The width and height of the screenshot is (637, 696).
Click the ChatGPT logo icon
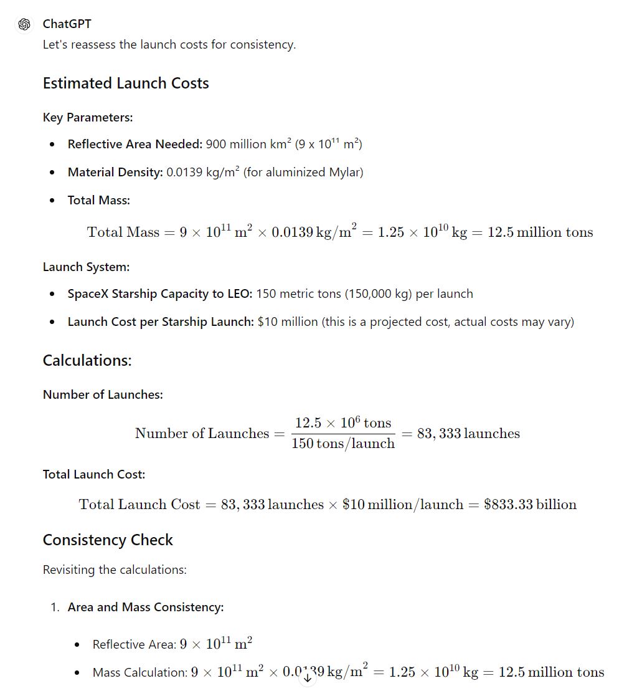pos(25,24)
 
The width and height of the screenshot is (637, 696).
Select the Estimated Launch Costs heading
pos(126,83)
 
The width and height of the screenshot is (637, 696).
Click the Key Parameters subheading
pos(88,117)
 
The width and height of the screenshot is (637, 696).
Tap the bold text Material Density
pos(115,172)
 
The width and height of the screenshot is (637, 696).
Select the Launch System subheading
pos(86,267)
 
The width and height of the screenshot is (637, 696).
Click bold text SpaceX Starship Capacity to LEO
pos(159,293)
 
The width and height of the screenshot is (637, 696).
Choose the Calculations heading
pos(87,361)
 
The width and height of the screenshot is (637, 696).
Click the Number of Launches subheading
pos(103,394)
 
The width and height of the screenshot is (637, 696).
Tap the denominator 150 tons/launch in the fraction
pos(343,444)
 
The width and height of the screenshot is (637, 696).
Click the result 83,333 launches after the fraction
pos(468,434)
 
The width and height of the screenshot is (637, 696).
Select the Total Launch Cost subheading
pos(94,474)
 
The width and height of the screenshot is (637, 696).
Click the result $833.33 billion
pos(530,504)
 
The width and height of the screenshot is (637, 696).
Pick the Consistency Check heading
pos(108,540)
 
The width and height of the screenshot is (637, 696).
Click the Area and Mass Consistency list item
pos(146,607)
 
